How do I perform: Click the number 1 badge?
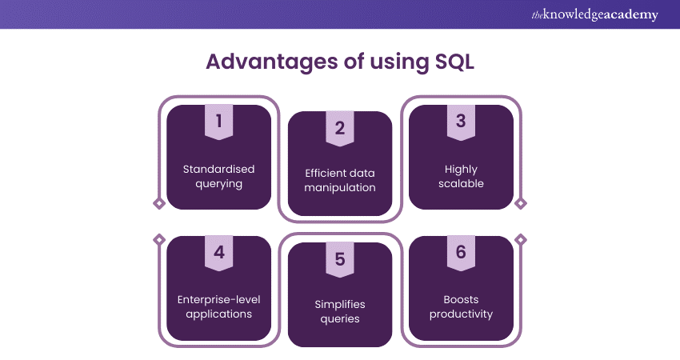[218, 121]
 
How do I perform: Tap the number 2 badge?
[339, 128]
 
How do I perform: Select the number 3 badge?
[460, 121]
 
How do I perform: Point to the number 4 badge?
[218, 253]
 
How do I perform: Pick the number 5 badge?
[339, 260]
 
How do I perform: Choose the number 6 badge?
[460, 253]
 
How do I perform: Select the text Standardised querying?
[218, 176]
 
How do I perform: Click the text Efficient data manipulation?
[339, 181]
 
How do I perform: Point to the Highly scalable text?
[460, 176]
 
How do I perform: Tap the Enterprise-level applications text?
[218, 307]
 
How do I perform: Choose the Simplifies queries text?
[339, 312]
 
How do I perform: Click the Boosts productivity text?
[460, 307]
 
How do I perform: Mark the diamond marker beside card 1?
[158, 204]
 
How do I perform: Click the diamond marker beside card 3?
[521, 204]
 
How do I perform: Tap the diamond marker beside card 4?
[158, 238]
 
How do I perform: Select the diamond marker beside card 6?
[521, 238]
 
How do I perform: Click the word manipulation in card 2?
[339, 188]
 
